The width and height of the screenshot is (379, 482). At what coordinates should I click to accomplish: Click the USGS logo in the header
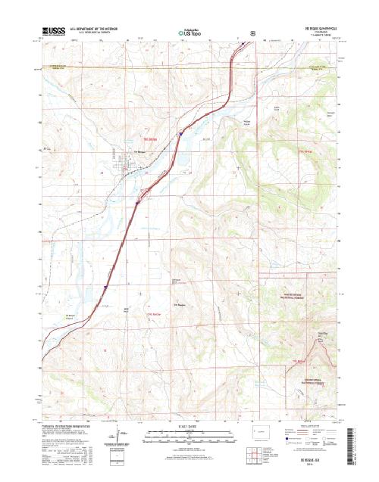click(x=55, y=33)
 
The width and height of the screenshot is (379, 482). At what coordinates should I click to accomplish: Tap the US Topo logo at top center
click(x=189, y=33)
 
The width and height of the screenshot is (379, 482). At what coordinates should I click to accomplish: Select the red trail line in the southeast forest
click(x=307, y=356)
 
